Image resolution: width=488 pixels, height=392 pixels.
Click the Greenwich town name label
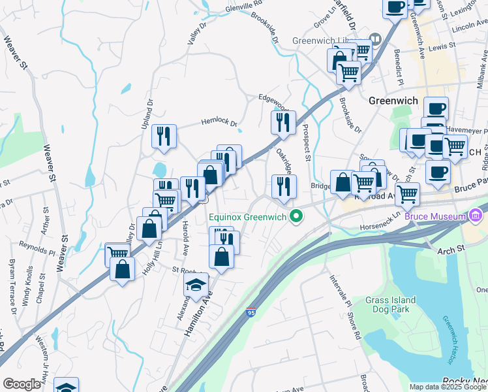point(392,101)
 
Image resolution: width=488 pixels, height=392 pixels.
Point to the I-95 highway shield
point(251,314)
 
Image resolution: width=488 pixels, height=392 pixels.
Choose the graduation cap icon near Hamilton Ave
point(196,285)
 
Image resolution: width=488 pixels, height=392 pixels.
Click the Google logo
point(22,384)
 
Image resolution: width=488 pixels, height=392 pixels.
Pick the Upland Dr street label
point(147,112)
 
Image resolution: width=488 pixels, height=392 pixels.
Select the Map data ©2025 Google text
point(447,387)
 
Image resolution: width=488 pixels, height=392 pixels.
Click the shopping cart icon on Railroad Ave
point(407,193)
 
